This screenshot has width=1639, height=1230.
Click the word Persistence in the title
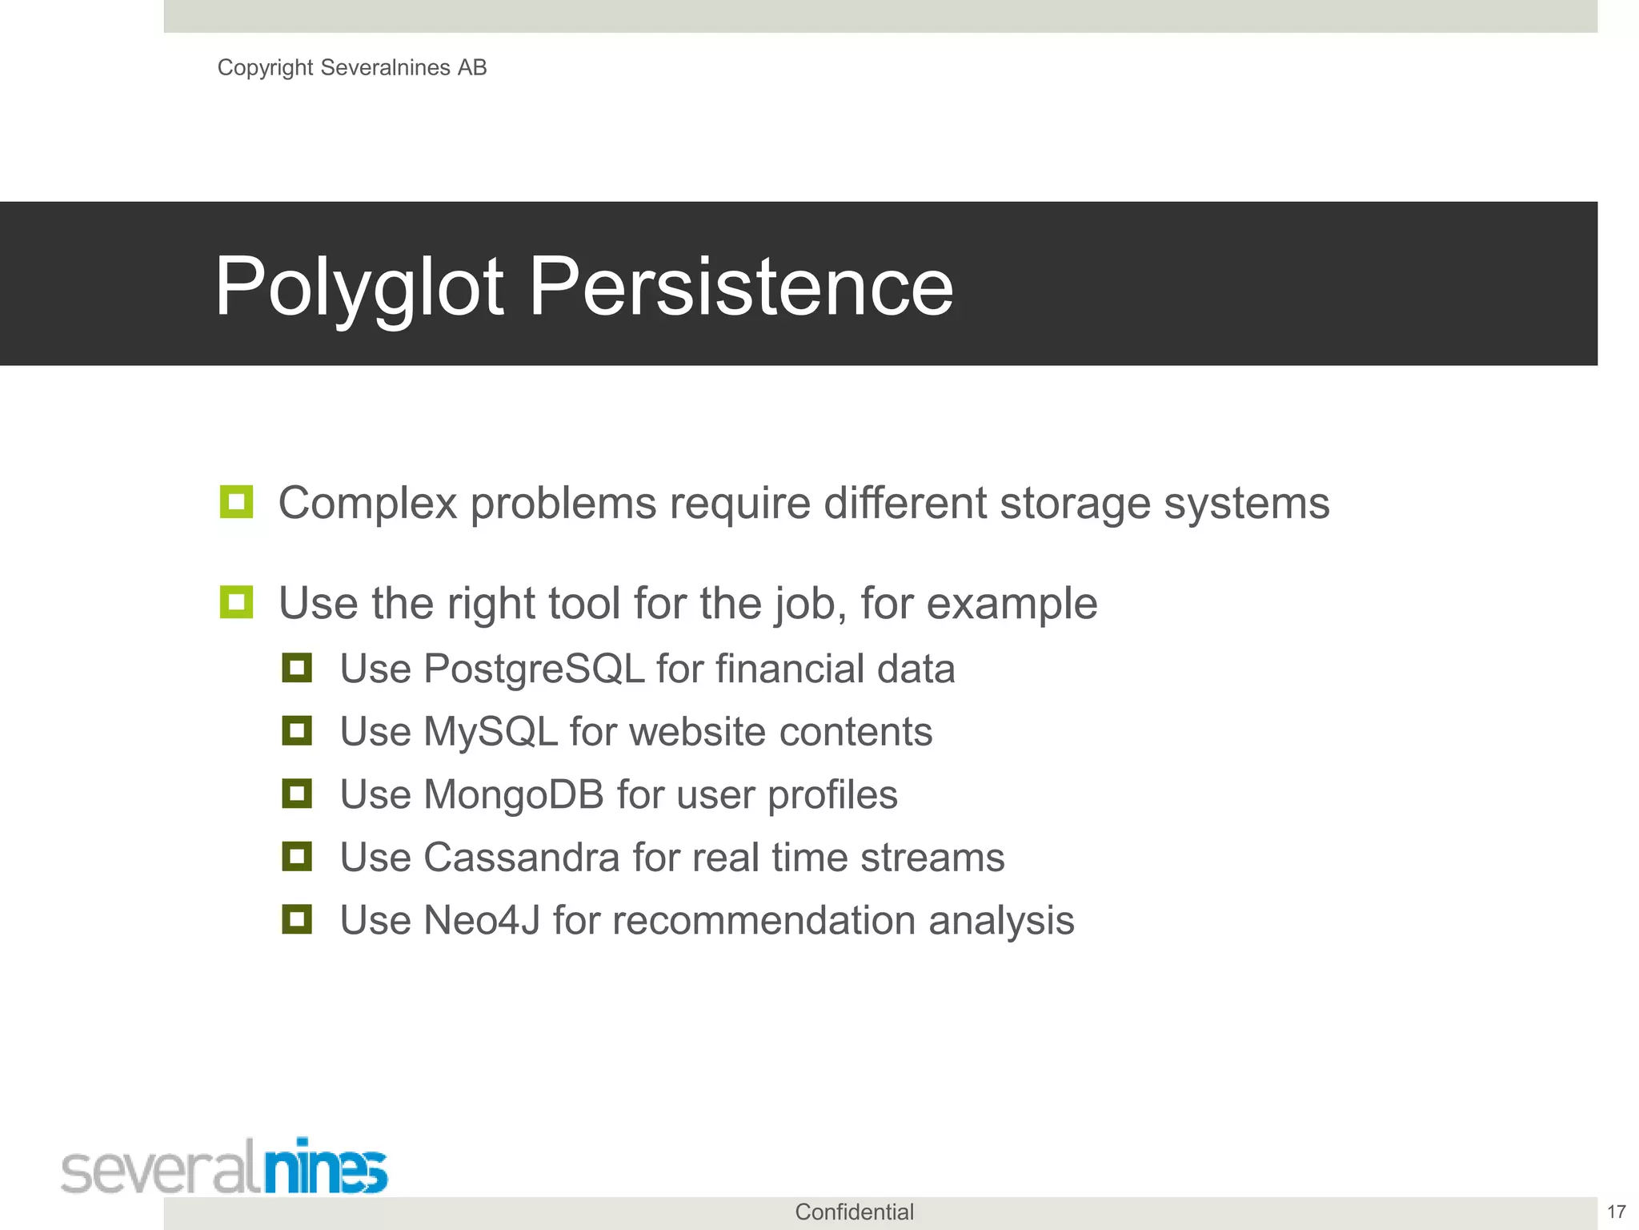(x=741, y=287)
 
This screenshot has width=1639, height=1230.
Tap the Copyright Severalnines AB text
(x=352, y=68)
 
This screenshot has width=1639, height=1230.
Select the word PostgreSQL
(x=534, y=669)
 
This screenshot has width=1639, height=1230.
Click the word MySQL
(x=490, y=732)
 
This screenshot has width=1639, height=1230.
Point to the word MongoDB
(x=513, y=795)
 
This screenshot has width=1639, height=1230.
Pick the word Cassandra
(x=521, y=858)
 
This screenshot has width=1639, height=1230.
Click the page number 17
(x=1616, y=1212)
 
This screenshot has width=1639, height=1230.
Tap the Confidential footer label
(x=854, y=1212)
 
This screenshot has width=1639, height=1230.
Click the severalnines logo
(x=224, y=1167)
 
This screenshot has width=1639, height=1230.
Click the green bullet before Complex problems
(x=236, y=502)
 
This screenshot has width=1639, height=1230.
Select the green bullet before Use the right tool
(x=236, y=602)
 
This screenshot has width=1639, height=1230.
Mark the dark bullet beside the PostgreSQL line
(x=297, y=667)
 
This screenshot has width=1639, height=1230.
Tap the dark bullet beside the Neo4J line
(x=297, y=918)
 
